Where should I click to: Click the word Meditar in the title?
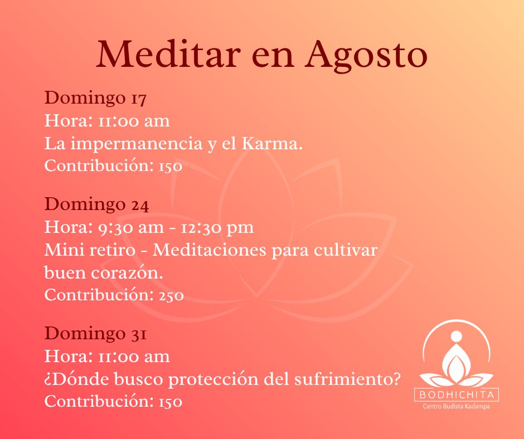[x=168, y=54]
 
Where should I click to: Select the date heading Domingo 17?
[x=95, y=98]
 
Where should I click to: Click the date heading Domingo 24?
[x=96, y=204]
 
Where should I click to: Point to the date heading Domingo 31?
[x=95, y=334]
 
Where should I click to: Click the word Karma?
[x=272, y=143]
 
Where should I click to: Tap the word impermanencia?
[x=137, y=144]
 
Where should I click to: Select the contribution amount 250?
[x=171, y=295]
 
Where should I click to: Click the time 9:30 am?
[x=131, y=227]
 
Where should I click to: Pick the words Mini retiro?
[x=90, y=250]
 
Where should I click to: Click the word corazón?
[x=127, y=272]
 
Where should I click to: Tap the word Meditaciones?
[x=210, y=250]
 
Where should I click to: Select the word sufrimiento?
[x=347, y=379]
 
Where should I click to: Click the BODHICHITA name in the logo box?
[x=457, y=395]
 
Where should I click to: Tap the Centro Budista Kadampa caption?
[x=456, y=407]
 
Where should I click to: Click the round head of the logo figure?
[x=457, y=336]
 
